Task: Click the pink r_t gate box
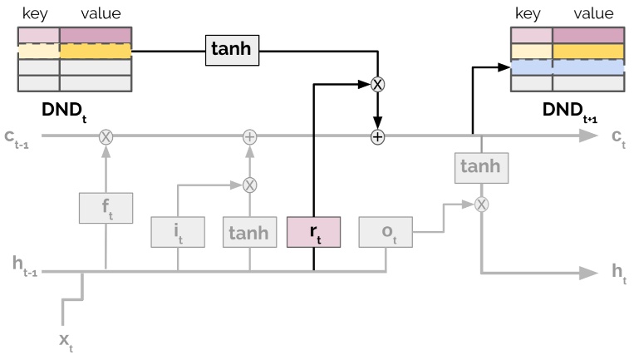coord(314,232)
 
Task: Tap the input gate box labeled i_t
coord(178,232)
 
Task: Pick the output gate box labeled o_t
coord(386,232)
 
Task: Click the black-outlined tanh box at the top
coord(233,52)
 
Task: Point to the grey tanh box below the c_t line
coord(480,166)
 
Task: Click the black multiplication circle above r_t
coord(378,84)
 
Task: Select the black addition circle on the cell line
coord(378,136)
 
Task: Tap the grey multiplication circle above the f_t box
coord(106,136)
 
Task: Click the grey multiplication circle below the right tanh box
coord(480,203)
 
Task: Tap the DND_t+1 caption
coord(568,111)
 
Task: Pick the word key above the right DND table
coord(528,13)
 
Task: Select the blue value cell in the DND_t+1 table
coord(587,67)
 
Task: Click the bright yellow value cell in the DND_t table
coord(96,51)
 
